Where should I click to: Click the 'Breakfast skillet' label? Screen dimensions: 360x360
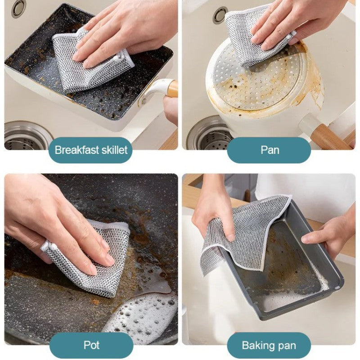91,150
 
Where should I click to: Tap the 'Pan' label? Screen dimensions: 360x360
269,150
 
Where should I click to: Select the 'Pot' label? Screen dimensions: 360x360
91,345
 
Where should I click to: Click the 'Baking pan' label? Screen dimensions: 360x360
269,345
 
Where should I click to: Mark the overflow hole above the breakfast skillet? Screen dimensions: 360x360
19,8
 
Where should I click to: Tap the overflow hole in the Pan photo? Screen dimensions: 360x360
220,15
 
